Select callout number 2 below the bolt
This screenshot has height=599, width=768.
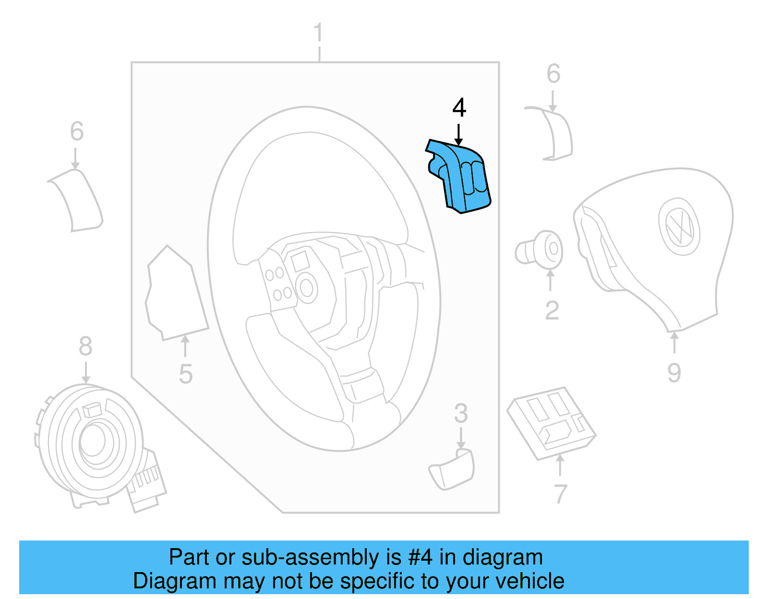point(552,311)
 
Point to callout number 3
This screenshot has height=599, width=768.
point(461,413)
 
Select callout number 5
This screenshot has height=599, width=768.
point(185,374)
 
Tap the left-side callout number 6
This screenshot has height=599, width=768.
point(77,131)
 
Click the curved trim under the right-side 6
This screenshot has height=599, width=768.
point(557,134)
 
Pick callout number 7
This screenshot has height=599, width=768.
point(560,494)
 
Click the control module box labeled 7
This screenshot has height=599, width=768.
point(552,422)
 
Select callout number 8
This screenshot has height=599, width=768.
point(85,346)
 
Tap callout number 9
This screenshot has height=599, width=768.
point(674,373)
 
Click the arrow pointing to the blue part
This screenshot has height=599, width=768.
point(459,134)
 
